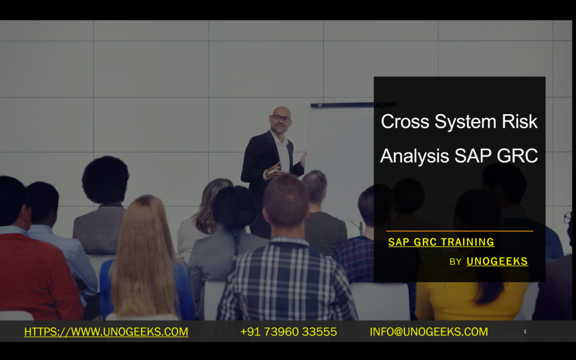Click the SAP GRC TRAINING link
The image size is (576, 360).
pyautogui.click(x=441, y=242)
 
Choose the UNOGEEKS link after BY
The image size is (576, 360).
pyautogui.click(x=497, y=262)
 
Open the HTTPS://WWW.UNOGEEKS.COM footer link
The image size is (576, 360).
pyautogui.click(x=106, y=332)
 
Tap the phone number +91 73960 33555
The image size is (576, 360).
pyautogui.click(x=289, y=332)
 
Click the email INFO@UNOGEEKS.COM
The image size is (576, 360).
pyautogui.click(x=429, y=332)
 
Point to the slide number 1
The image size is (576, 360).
pyautogui.click(x=525, y=332)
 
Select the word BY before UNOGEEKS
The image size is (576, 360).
pyautogui.click(x=456, y=262)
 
